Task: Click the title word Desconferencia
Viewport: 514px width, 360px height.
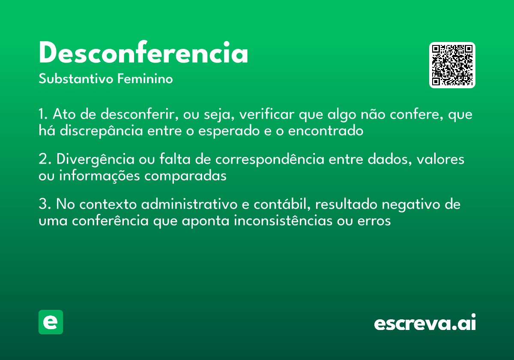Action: [143, 54]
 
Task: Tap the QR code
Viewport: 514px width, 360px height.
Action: [452, 65]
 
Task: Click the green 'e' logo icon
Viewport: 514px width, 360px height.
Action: [51, 322]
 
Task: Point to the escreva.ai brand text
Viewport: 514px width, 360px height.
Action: [425, 323]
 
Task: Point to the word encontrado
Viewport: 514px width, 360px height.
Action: [326, 131]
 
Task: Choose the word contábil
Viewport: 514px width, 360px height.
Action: [281, 205]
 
